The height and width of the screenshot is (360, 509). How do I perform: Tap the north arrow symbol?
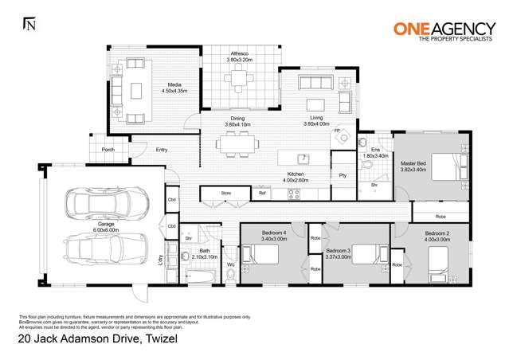[x=29, y=25]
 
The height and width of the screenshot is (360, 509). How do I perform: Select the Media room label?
[x=174, y=84]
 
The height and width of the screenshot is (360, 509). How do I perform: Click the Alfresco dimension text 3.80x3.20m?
[x=240, y=60]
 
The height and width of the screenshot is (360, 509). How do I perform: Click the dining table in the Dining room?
[x=237, y=144]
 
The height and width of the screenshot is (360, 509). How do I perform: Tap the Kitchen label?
[x=296, y=174]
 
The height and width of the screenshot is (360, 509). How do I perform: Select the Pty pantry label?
[x=343, y=174]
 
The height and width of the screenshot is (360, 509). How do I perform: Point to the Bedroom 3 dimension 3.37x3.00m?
[x=343, y=256]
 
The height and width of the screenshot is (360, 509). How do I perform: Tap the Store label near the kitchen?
[x=225, y=192]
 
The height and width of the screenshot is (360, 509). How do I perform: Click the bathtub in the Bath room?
[x=200, y=275]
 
